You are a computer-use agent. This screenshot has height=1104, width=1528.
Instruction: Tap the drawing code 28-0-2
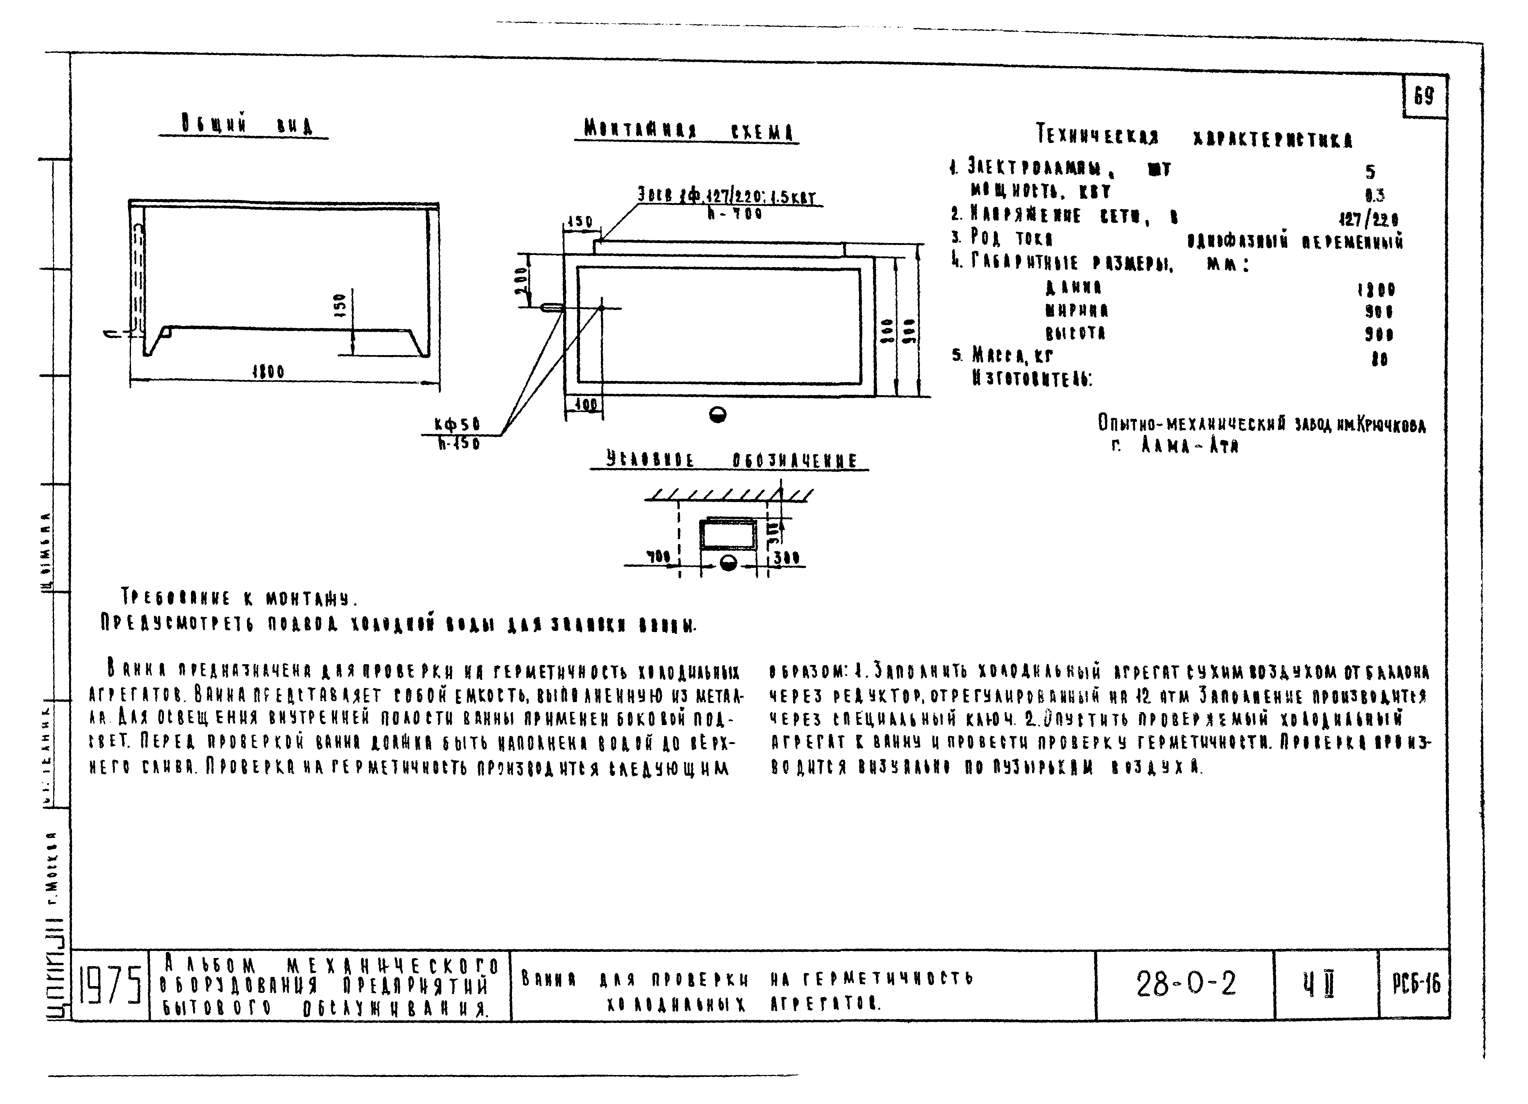1186,984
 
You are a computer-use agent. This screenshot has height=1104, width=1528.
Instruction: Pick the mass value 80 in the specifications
1379,359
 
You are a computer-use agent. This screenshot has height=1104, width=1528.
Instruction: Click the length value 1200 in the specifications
1376,290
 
